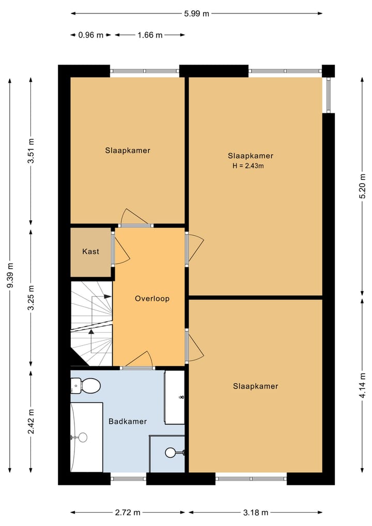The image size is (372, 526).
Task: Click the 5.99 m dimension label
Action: [196, 14]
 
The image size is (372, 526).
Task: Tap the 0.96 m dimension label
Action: [91, 35]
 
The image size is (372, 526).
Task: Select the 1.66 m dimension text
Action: [150, 35]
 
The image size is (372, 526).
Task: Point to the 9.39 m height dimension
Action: [11, 275]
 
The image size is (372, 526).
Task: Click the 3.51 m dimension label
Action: [31, 151]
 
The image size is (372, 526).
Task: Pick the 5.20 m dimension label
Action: [362, 186]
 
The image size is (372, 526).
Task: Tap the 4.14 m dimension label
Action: [362, 386]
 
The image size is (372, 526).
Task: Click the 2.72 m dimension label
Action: [128, 513]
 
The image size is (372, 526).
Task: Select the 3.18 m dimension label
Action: [256, 513]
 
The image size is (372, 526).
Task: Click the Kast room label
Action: [90, 251]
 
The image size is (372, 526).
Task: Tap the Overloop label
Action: [152, 298]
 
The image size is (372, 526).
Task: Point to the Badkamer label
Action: [128, 422]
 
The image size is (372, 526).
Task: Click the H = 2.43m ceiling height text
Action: [248, 166]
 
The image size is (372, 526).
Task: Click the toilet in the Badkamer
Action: [85, 386]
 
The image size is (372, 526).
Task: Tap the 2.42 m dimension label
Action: [31, 422]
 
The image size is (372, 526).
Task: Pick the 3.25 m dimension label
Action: [31, 298]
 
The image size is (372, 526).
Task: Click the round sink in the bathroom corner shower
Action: [171, 453]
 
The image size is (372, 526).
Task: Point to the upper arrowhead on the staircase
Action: [108, 296]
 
